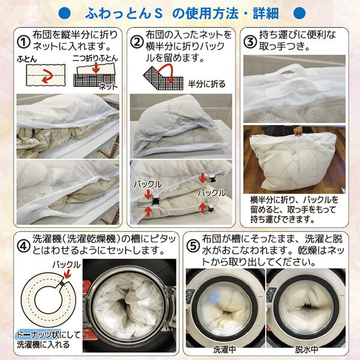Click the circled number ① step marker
click(23, 42)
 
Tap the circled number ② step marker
click(137, 42)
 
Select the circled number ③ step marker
click(250, 42)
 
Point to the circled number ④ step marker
click(23, 246)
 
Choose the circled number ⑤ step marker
click(193, 246)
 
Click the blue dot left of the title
click(65, 13)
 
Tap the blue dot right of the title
click(299, 13)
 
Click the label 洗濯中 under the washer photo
click(224, 349)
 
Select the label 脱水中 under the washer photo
click(307, 349)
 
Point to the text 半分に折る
click(206, 84)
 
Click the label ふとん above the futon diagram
click(27, 59)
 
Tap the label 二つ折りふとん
click(95, 58)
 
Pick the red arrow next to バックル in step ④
click(67, 274)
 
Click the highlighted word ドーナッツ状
click(38, 335)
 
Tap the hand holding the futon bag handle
click(298, 131)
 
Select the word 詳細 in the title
click(266, 13)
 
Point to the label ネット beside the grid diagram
click(108, 87)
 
